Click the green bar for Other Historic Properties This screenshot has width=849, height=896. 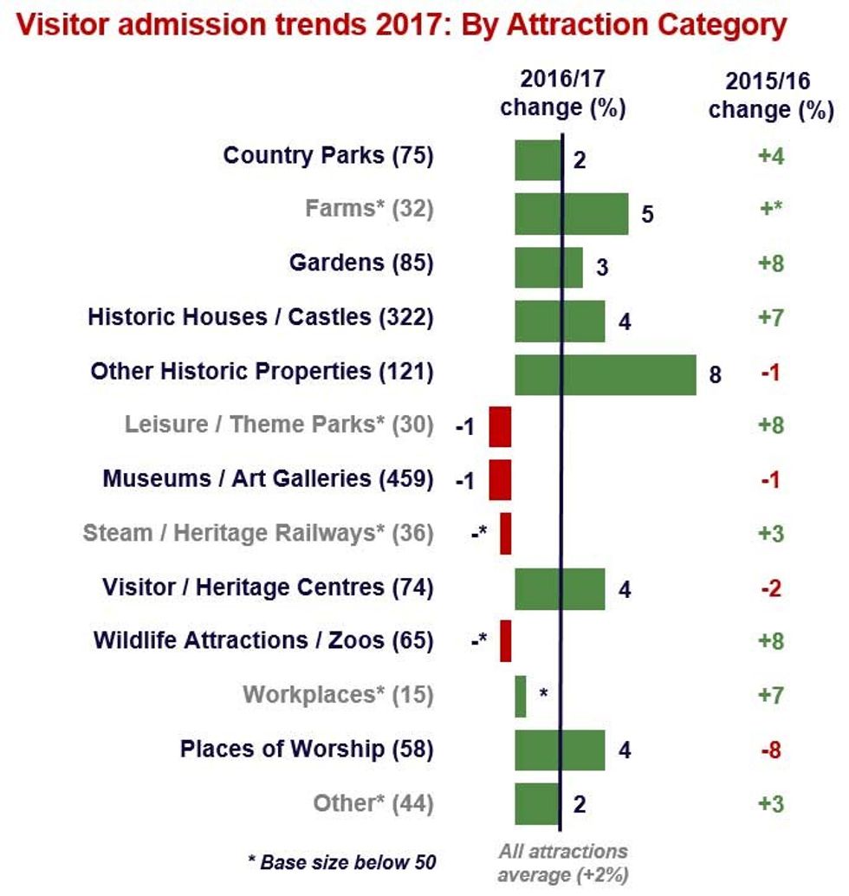606,374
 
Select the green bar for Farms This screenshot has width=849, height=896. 572,214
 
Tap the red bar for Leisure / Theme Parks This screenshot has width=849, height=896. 500,426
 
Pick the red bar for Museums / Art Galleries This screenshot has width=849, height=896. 500,480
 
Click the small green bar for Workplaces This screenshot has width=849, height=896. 520,697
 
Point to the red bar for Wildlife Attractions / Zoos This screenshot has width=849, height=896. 505,641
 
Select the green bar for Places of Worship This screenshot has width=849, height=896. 560,750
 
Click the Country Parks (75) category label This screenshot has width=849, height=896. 328,156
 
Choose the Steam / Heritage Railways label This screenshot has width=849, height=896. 258,533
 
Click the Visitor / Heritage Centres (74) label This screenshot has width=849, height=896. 268,588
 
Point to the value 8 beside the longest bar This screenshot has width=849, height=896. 715,375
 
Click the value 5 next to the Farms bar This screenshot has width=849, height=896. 646,215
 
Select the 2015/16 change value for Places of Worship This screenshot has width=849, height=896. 770,750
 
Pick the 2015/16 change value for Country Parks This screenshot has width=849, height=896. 770,157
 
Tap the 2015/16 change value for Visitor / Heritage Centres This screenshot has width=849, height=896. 770,588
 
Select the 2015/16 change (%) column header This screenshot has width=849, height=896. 770,95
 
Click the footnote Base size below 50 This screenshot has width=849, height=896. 342,862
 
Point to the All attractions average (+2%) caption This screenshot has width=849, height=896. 562,862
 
